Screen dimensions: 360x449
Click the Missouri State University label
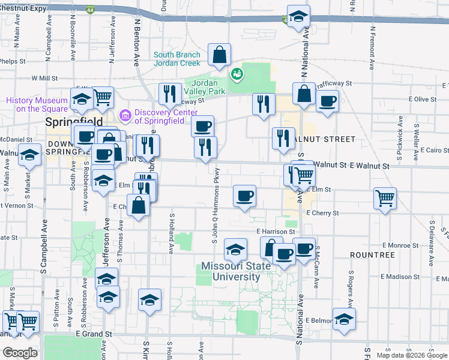231,271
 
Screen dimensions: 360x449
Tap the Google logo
19,353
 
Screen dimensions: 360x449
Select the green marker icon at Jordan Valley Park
238,74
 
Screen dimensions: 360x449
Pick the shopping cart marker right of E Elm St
384,199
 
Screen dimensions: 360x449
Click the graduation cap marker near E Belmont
344,319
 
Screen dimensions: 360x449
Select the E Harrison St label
275,231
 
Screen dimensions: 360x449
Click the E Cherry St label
322,213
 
